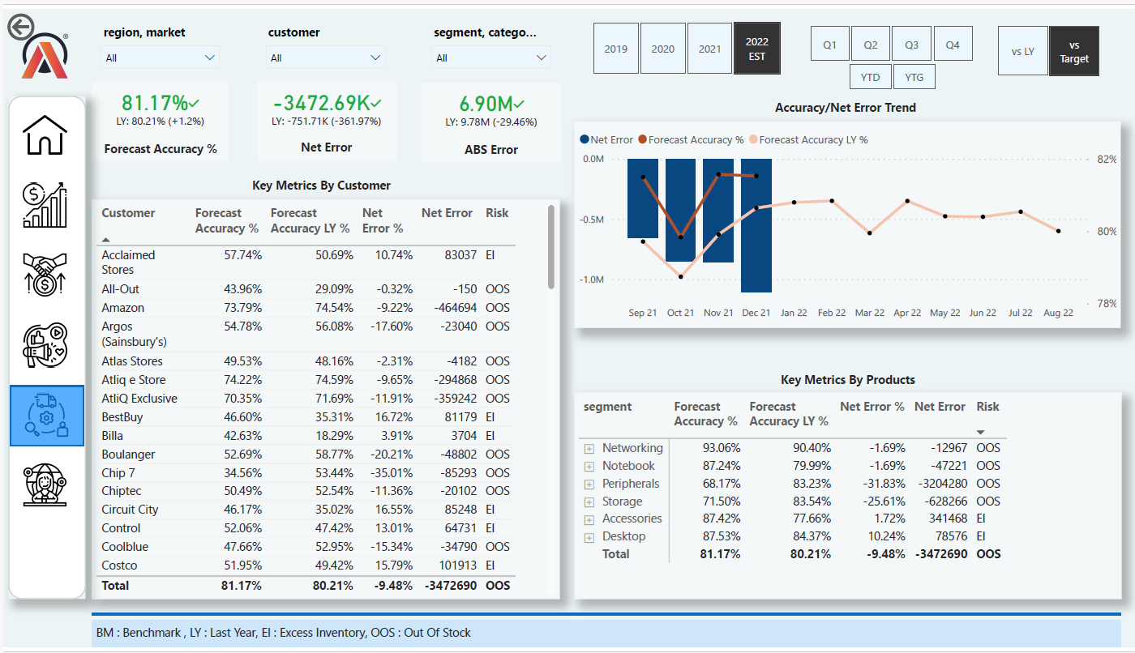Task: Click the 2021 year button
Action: (x=709, y=49)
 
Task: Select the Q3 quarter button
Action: (x=912, y=45)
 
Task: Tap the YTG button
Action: (x=914, y=77)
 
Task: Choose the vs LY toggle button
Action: (x=1022, y=51)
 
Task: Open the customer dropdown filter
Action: (x=325, y=58)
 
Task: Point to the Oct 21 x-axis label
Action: (x=680, y=313)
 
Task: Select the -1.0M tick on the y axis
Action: (x=593, y=280)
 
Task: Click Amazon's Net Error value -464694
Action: (x=448, y=308)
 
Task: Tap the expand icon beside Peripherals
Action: (x=589, y=484)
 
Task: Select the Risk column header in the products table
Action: (x=987, y=407)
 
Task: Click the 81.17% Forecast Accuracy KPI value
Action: (x=155, y=103)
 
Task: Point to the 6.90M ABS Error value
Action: (x=485, y=104)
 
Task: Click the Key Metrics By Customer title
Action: (x=321, y=186)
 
